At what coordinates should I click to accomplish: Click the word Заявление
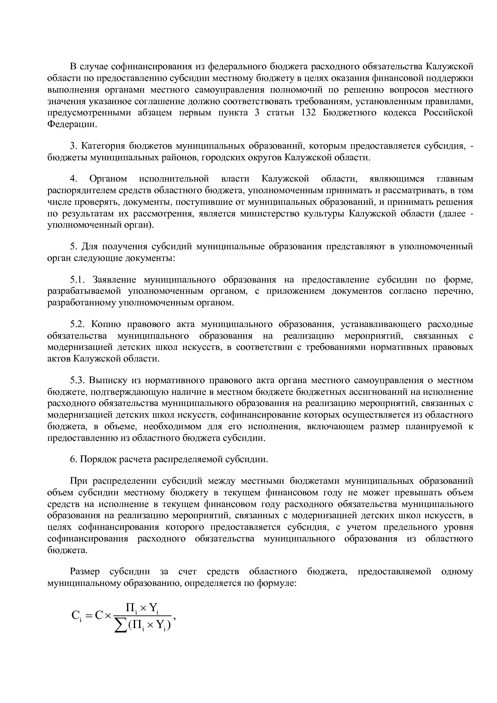tap(114, 279)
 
